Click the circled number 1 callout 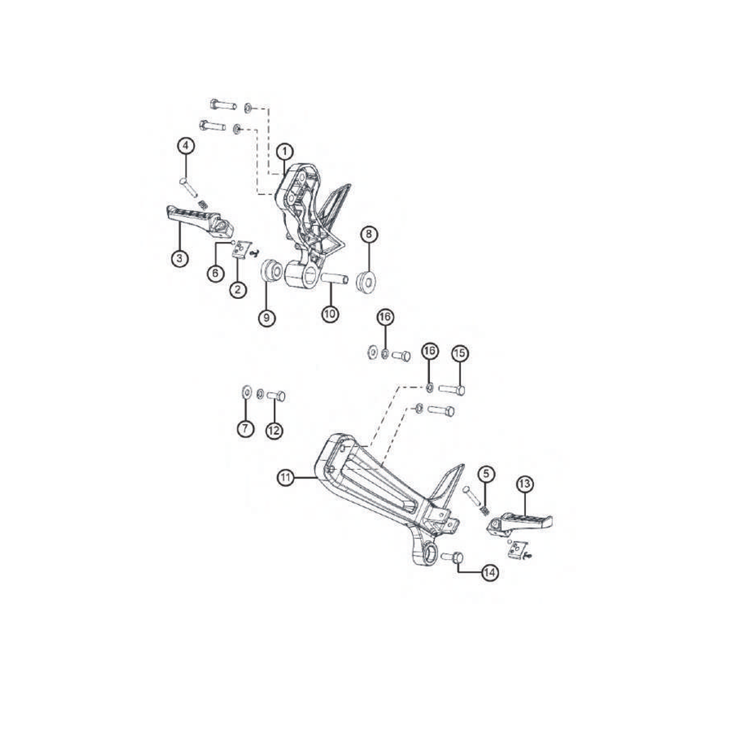285,152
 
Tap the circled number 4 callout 186,146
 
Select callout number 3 180,258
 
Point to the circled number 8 369,235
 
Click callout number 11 286,478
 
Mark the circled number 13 525,484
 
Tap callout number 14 489,573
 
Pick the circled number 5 486,474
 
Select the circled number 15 460,353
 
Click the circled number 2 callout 238,289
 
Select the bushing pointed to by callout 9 271,272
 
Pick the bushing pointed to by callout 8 367,281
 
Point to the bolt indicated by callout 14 451,556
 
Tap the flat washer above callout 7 246,392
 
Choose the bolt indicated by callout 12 276,396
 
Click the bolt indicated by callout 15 452,389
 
